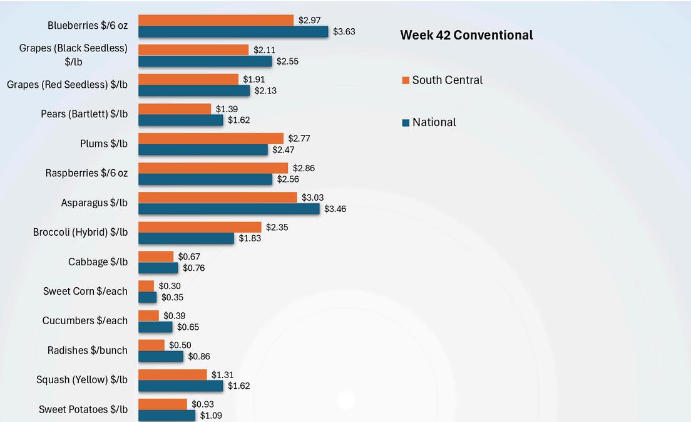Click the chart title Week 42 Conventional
(x=466, y=35)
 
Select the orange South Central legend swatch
(x=406, y=80)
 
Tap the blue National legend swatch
(x=406, y=123)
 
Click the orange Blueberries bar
(x=215, y=20)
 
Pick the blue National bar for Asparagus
(x=228, y=208)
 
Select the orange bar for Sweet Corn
(x=146, y=286)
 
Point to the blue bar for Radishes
(x=161, y=356)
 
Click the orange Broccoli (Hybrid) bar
(x=200, y=227)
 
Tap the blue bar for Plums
(x=203, y=150)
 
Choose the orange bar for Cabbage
(x=156, y=256)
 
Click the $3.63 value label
(x=344, y=31)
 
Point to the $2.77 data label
(x=299, y=138)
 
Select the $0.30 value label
(x=170, y=286)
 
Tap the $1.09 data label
(x=211, y=415)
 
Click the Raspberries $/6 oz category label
(x=86, y=172)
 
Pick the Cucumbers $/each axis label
(x=84, y=320)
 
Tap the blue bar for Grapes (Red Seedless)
(x=194, y=90)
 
